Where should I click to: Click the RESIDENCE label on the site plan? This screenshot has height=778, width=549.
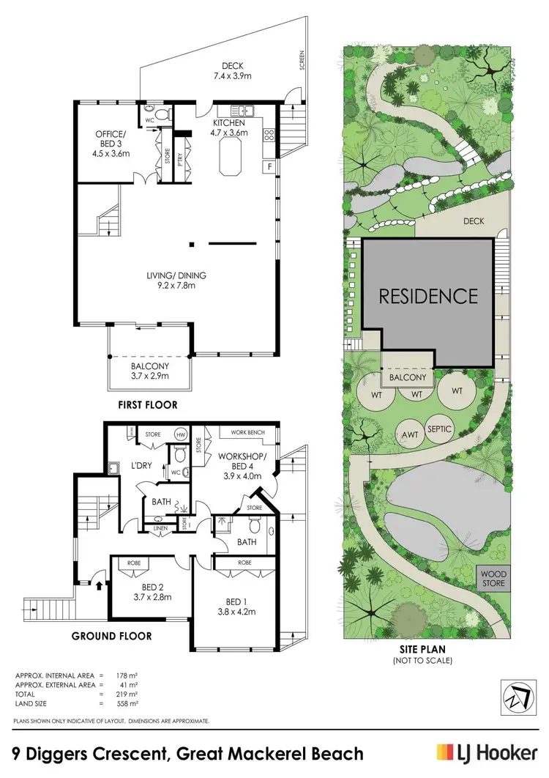click(427, 296)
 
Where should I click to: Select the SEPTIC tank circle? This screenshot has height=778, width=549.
click(438, 429)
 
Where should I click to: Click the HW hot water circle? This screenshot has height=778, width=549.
click(180, 434)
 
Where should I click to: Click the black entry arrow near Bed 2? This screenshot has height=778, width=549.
click(100, 584)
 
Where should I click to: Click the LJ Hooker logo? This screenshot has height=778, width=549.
click(484, 754)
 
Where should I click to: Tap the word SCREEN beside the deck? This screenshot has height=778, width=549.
click(302, 60)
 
